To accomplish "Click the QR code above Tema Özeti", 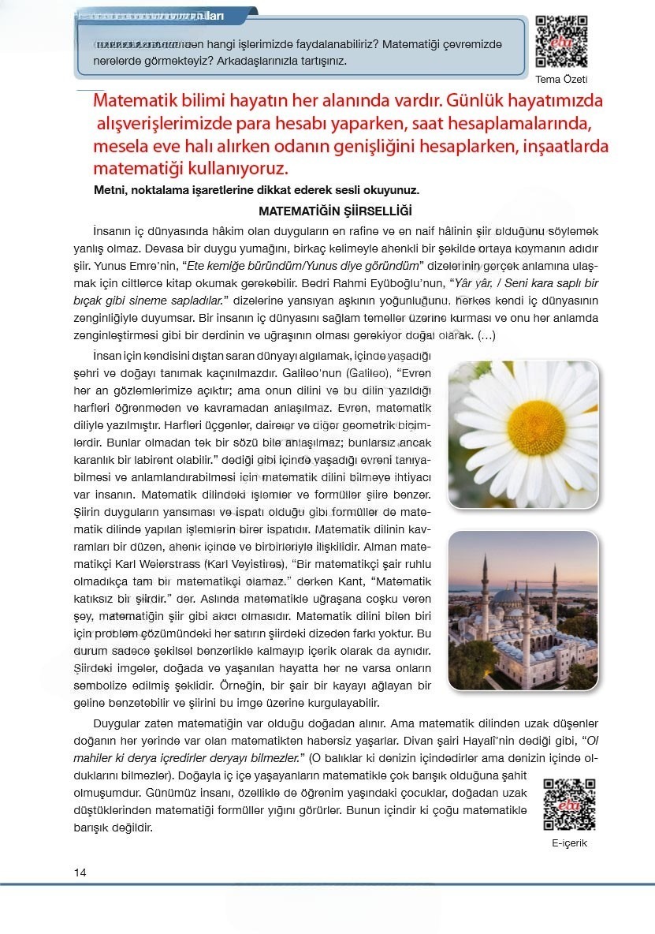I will [561, 41].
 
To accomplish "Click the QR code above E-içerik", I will [569, 804].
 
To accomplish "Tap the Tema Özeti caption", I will [561, 79].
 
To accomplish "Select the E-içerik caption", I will [569, 842].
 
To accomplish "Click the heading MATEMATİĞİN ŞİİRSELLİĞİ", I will [335, 211].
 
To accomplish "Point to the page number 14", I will [80, 872].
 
